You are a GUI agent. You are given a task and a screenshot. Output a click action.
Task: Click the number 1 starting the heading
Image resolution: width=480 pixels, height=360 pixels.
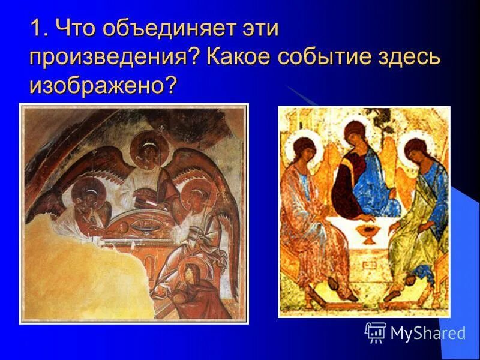pos(35,29)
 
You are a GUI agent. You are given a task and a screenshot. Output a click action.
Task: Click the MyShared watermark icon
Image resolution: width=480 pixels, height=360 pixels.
pos(376,332)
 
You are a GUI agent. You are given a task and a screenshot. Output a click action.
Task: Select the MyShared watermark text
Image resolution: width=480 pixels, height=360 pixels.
pos(428,333)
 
